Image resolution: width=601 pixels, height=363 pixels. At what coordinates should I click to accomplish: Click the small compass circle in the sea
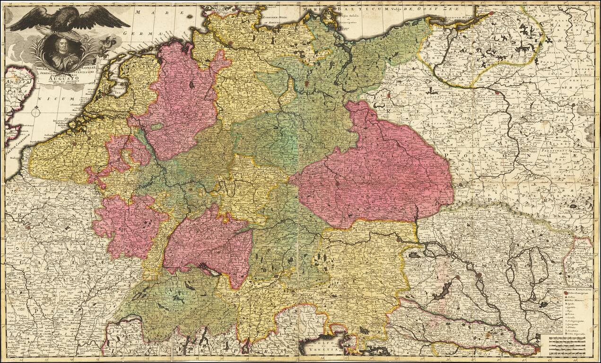pyautogui.click(x=36, y=113)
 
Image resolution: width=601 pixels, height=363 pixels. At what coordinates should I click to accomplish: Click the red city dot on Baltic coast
pyautogui.click(x=491, y=13)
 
